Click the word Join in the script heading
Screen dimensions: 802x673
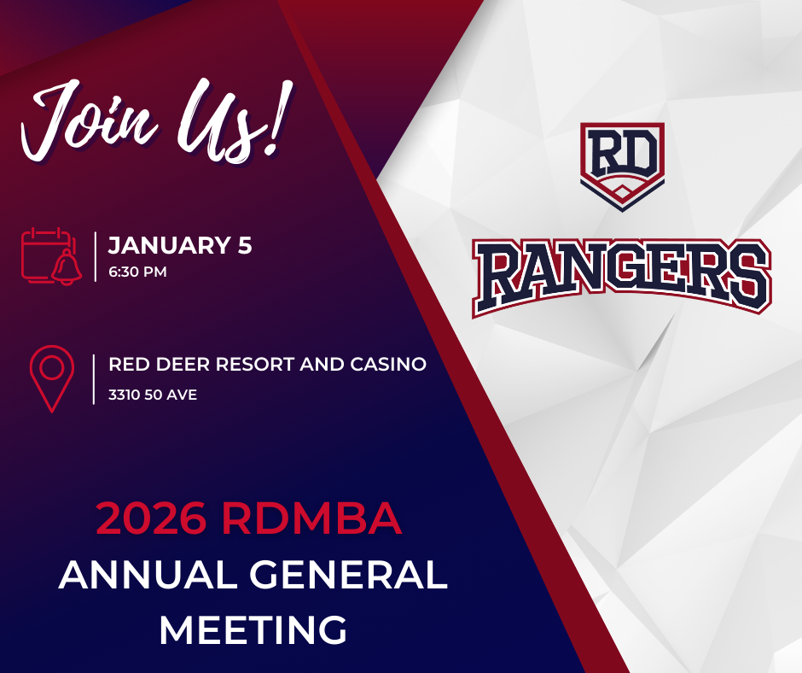coord(90,121)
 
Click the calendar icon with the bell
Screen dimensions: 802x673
coord(51,256)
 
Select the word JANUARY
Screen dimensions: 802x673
coord(169,245)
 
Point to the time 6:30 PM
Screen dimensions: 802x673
coord(137,272)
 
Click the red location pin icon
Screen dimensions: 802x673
coord(52,379)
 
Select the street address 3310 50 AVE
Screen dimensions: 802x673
coord(153,395)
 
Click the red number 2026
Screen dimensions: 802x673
coord(151,518)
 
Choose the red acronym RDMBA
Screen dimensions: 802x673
coord(312,518)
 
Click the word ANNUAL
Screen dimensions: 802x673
coord(148,575)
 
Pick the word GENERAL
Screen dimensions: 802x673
coord(348,575)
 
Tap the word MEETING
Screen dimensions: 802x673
coord(253,629)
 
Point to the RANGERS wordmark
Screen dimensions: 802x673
coord(622,277)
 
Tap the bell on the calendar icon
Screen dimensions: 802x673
coord(67,267)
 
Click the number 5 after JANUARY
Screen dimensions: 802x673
coord(245,245)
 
